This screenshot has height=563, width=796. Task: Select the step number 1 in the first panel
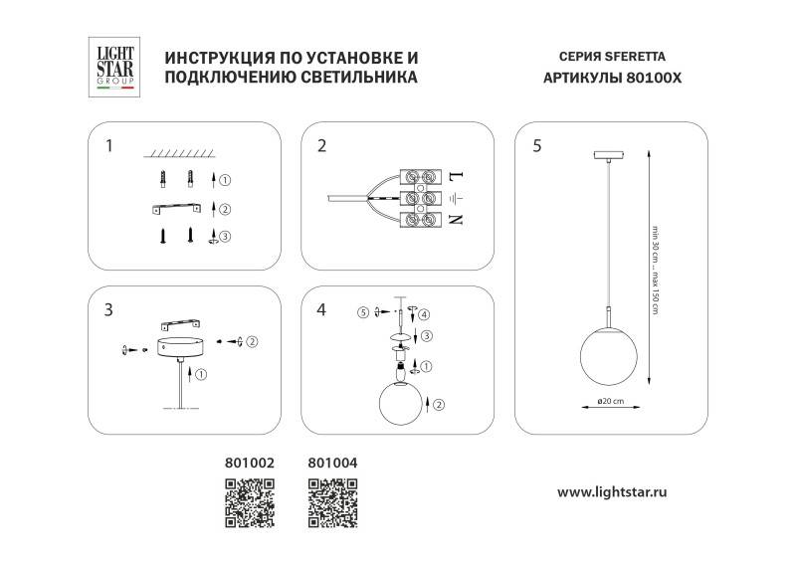pos(108,146)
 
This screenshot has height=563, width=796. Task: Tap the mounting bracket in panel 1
pos(177,208)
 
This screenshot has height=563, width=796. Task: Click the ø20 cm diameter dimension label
pos(604,401)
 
